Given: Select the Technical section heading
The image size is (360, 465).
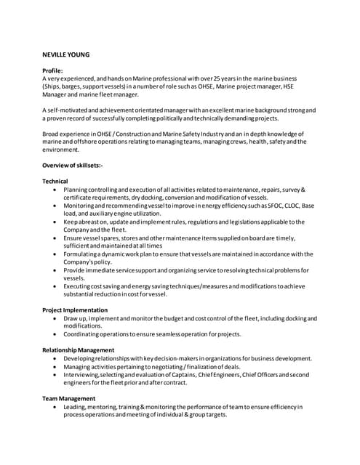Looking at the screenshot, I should (x=55, y=181).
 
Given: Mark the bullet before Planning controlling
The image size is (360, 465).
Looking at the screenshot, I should (x=56, y=190).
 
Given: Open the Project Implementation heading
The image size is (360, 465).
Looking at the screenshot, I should (x=75, y=310).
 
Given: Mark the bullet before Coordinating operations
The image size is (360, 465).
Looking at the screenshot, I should (x=56, y=334).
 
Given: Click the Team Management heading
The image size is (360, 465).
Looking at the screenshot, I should (x=69, y=399).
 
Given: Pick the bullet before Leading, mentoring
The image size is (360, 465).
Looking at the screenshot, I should (x=56, y=407).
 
